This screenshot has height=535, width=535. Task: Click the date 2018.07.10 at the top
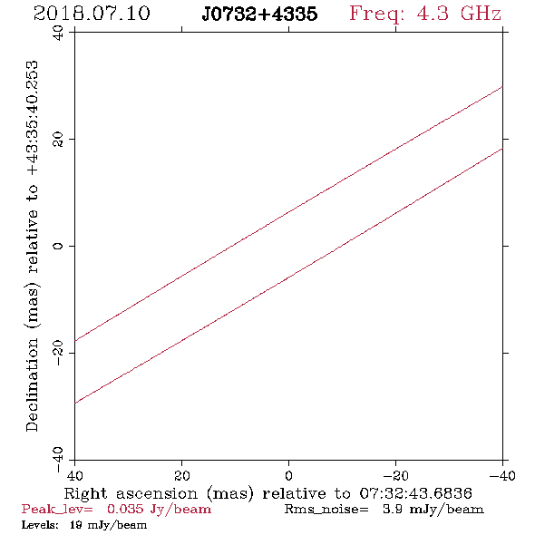pos(92,14)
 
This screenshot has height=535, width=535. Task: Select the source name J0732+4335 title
pos(259,14)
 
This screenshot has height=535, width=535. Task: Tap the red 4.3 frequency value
pos(433,14)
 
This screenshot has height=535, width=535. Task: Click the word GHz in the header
pos(481,14)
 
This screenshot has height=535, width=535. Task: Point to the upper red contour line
pos(288,214)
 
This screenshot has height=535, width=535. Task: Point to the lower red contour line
pos(288,277)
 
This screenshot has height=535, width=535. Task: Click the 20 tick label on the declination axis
pos(58,140)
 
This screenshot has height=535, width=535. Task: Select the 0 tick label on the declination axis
pos(58,246)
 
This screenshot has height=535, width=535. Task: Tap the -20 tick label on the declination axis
pos(58,353)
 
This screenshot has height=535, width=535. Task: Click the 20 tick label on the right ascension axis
pos(181,476)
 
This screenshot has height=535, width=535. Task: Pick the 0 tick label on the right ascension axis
pos(288,476)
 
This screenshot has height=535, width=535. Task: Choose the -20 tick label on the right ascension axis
pos(395,476)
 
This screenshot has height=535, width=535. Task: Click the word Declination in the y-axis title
pos(32,384)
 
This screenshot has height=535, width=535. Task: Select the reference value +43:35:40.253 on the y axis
pos(32,118)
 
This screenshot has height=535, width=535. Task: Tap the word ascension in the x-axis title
pos(157,493)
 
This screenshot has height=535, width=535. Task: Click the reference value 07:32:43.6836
pos(415,493)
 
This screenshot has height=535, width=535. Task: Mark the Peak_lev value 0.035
pos(125,509)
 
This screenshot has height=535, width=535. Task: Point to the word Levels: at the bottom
pos(40,525)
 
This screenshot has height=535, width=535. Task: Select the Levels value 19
pos(75,525)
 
